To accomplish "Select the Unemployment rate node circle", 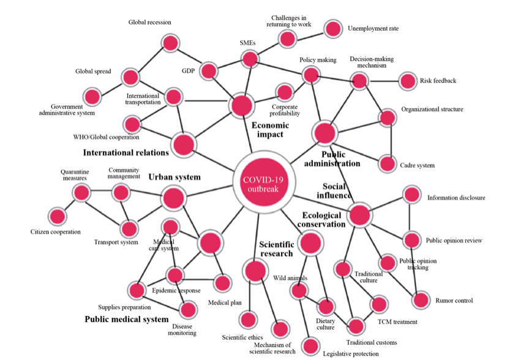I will (x=332, y=29).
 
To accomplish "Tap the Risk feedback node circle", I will (x=407, y=81).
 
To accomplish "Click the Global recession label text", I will (x=149, y=23).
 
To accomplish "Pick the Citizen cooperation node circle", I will (x=57, y=216).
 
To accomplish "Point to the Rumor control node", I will (x=421, y=301).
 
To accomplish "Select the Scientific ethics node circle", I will (x=248, y=319).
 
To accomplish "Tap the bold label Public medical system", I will (x=126, y=319).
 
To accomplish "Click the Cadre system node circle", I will (x=387, y=164).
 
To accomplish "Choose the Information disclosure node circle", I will (x=411, y=196).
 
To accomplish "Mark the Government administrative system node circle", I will (x=92, y=96).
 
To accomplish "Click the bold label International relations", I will (x=126, y=152).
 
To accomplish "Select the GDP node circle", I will (x=209, y=70).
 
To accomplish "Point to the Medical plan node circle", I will (x=222, y=283).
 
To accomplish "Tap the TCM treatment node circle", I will (x=379, y=304).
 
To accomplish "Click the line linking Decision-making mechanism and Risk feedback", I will (x=383, y=81).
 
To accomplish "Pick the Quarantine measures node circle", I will (x=81, y=193).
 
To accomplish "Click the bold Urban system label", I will (x=174, y=177).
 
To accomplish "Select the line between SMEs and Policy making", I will (x=280, y=67).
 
